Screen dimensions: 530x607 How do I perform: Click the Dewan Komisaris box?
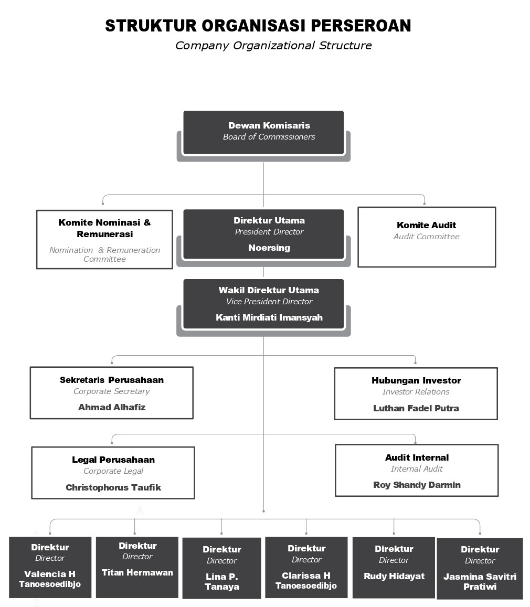pos(263,132)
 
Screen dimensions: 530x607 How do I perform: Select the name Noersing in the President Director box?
pos(269,248)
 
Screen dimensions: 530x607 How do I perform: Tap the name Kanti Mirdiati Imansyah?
pos(269,317)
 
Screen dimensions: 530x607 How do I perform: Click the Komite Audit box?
pos(427,237)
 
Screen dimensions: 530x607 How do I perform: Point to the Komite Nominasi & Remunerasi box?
pos(104,239)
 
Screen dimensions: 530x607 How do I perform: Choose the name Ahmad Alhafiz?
pos(112,407)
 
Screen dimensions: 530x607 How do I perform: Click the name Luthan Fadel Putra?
pos(416,408)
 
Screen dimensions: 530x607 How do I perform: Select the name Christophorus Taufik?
pos(113,487)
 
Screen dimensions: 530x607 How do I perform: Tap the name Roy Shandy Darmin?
pos(417,485)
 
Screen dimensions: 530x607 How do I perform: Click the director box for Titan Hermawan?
pos(137,567)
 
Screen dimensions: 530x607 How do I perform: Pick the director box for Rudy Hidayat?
pos(394,568)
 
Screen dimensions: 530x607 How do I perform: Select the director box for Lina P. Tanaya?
pos(222,568)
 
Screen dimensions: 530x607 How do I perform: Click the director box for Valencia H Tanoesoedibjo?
pos(50,567)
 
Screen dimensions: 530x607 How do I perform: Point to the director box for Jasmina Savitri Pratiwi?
pos(480,568)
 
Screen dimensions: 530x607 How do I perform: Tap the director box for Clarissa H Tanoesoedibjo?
pos(306,568)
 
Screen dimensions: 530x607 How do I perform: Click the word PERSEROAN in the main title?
pos(361,26)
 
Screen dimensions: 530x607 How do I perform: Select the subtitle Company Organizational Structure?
pos(273,46)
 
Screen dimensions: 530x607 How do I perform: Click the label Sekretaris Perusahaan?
pos(112,380)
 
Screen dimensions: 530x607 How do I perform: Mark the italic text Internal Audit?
pos(417,469)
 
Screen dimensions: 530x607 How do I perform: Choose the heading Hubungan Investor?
pos(416,380)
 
